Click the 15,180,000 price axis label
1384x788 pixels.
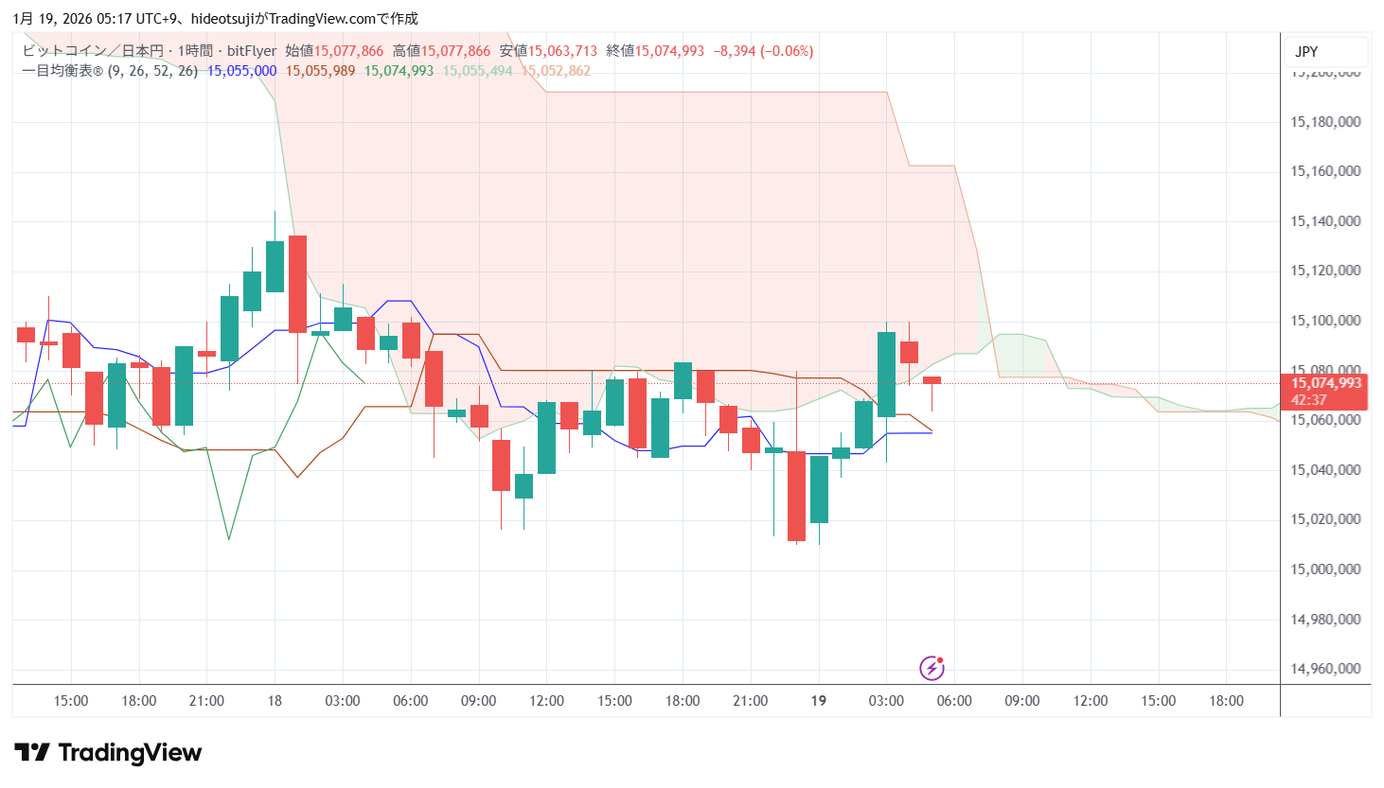point(1325,122)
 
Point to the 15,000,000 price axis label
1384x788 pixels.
point(1325,569)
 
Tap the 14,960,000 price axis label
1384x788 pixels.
point(1325,669)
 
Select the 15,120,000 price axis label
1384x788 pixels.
point(1325,271)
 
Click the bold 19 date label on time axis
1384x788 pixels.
point(819,701)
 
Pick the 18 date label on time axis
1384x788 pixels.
point(275,701)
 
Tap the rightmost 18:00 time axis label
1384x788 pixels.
point(1226,701)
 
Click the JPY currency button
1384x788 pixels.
point(1306,52)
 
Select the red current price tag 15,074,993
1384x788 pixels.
point(1325,384)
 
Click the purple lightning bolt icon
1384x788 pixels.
point(932,668)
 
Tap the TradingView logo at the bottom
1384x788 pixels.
point(109,753)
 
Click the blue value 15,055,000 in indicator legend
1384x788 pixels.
point(242,71)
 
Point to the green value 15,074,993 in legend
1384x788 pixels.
point(399,71)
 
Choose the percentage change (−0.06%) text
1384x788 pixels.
point(787,51)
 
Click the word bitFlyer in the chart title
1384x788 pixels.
point(252,51)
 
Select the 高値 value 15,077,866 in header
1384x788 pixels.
point(455,51)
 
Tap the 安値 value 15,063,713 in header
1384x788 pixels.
point(562,51)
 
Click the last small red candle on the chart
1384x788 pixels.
point(932,380)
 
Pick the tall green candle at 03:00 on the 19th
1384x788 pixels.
point(887,374)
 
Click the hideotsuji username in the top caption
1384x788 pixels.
point(222,19)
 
